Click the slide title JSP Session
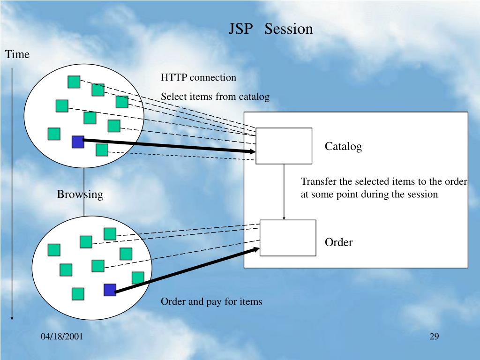tap(271, 29)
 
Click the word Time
tap(17, 54)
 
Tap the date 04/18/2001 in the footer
tap(62, 337)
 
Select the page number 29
tap(434, 337)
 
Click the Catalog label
tap(343, 146)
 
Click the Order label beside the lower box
tap(338, 242)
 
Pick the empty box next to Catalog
tap(284, 146)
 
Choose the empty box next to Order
tap(288, 238)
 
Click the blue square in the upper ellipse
tap(78, 142)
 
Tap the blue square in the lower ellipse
tap(110, 290)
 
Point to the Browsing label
tap(80, 195)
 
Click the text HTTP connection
tap(198, 77)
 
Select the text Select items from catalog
tap(215, 97)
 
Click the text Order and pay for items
tap(211, 301)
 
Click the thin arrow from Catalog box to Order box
tap(284, 192)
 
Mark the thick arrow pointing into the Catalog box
tap(169, 146)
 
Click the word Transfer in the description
tap(319, 181)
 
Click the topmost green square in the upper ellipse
tap(74, 82)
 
